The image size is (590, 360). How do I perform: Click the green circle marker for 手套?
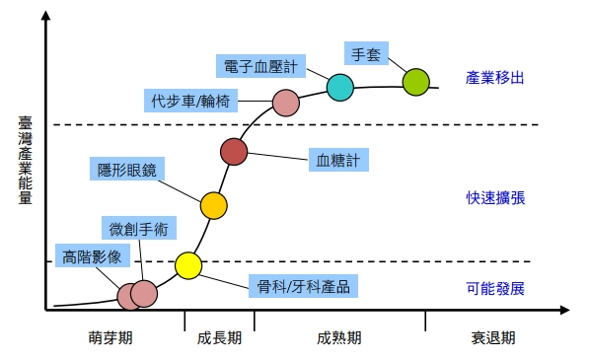415,82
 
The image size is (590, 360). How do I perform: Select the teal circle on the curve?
340,87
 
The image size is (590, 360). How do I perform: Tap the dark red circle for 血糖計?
234,152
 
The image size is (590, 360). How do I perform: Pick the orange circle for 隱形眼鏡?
214,205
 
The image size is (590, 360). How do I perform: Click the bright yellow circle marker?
188,265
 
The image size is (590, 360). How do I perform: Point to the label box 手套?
366,53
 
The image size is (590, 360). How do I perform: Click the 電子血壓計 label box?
260,66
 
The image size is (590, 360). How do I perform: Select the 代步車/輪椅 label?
190,101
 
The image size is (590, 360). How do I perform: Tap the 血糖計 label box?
338,160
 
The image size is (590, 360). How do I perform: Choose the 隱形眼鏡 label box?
127,169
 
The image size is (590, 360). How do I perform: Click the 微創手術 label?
139,228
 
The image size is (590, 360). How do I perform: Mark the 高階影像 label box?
93,255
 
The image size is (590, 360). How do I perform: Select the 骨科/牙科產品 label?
303,286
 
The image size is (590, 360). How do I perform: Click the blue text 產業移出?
495,78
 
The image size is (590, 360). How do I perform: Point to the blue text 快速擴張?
495,198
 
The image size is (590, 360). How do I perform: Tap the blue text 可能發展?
495,289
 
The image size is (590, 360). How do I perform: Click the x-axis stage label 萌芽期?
111,337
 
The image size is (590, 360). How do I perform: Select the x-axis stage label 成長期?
219,337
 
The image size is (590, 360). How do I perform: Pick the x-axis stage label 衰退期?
493,337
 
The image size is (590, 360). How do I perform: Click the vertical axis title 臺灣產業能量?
26,160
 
